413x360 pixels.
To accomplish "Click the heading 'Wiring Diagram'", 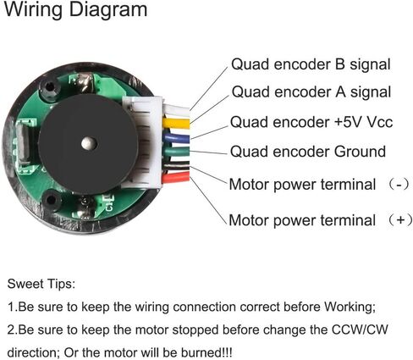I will pos(74,11).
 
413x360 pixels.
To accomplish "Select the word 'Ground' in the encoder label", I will pos(356,152).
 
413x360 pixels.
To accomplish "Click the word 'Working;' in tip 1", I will pos(349,307).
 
